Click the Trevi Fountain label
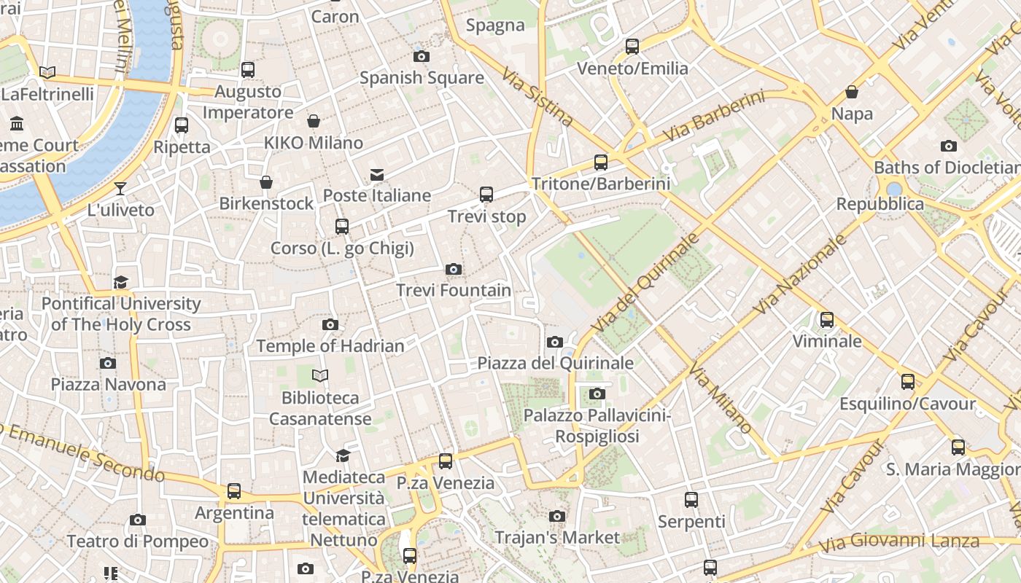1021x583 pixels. (454, 290)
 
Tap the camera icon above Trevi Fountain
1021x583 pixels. (454, 270)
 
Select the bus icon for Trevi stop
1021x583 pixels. (486, 195)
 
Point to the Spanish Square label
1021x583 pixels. (422, 77)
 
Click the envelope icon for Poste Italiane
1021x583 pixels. (377, 175)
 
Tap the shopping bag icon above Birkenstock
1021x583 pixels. (266, 181)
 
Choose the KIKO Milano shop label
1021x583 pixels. (314, 142)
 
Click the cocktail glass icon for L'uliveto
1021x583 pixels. (120, 189)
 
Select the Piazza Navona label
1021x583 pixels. (108, 384)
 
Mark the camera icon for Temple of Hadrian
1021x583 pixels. (330, 324)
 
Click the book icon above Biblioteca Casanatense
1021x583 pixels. (320, 376)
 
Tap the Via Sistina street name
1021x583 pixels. (537, 96)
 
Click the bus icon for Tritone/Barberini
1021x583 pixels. (600, 163)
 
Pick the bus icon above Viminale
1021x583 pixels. (826, 320)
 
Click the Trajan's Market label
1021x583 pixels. (557, 538)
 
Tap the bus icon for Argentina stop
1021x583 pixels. (234, 491)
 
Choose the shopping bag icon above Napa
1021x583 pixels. (851, 93)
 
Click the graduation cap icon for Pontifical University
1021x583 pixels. (120, 282)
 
